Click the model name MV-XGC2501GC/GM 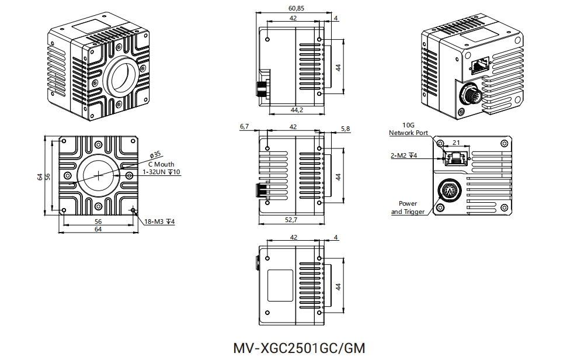point(298,348)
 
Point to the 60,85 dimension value point(297,9)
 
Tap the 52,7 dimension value point(290,220)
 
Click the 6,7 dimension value point(245,126)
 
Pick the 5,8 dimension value point(345,129)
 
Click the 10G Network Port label point(409,129)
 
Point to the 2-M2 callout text point(403,156)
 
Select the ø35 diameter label point(155,155)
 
